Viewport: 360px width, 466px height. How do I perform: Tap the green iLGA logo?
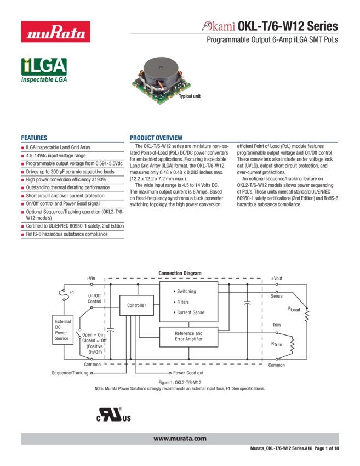click(44, 67)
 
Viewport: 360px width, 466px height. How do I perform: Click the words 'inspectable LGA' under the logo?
click(44, 80)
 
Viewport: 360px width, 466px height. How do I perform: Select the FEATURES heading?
click(34, 138)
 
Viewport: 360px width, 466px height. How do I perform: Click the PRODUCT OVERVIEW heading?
click(156, 138)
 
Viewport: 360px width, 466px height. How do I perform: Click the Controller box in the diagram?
click(136, 305)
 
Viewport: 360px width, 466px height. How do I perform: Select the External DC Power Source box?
click(63, 330)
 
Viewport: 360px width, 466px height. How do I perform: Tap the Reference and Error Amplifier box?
click(188, 336)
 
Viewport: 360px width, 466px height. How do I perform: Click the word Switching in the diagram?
click(186, 292)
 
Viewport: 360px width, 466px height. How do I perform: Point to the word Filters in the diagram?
click(182, 302)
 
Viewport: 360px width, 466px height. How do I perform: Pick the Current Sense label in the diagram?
click(190, 312)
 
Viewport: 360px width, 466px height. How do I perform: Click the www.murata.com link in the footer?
click(180, 438)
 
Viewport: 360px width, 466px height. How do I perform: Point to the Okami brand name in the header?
click(219, 26)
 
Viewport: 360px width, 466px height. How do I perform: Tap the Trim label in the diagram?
click(276, 325)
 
